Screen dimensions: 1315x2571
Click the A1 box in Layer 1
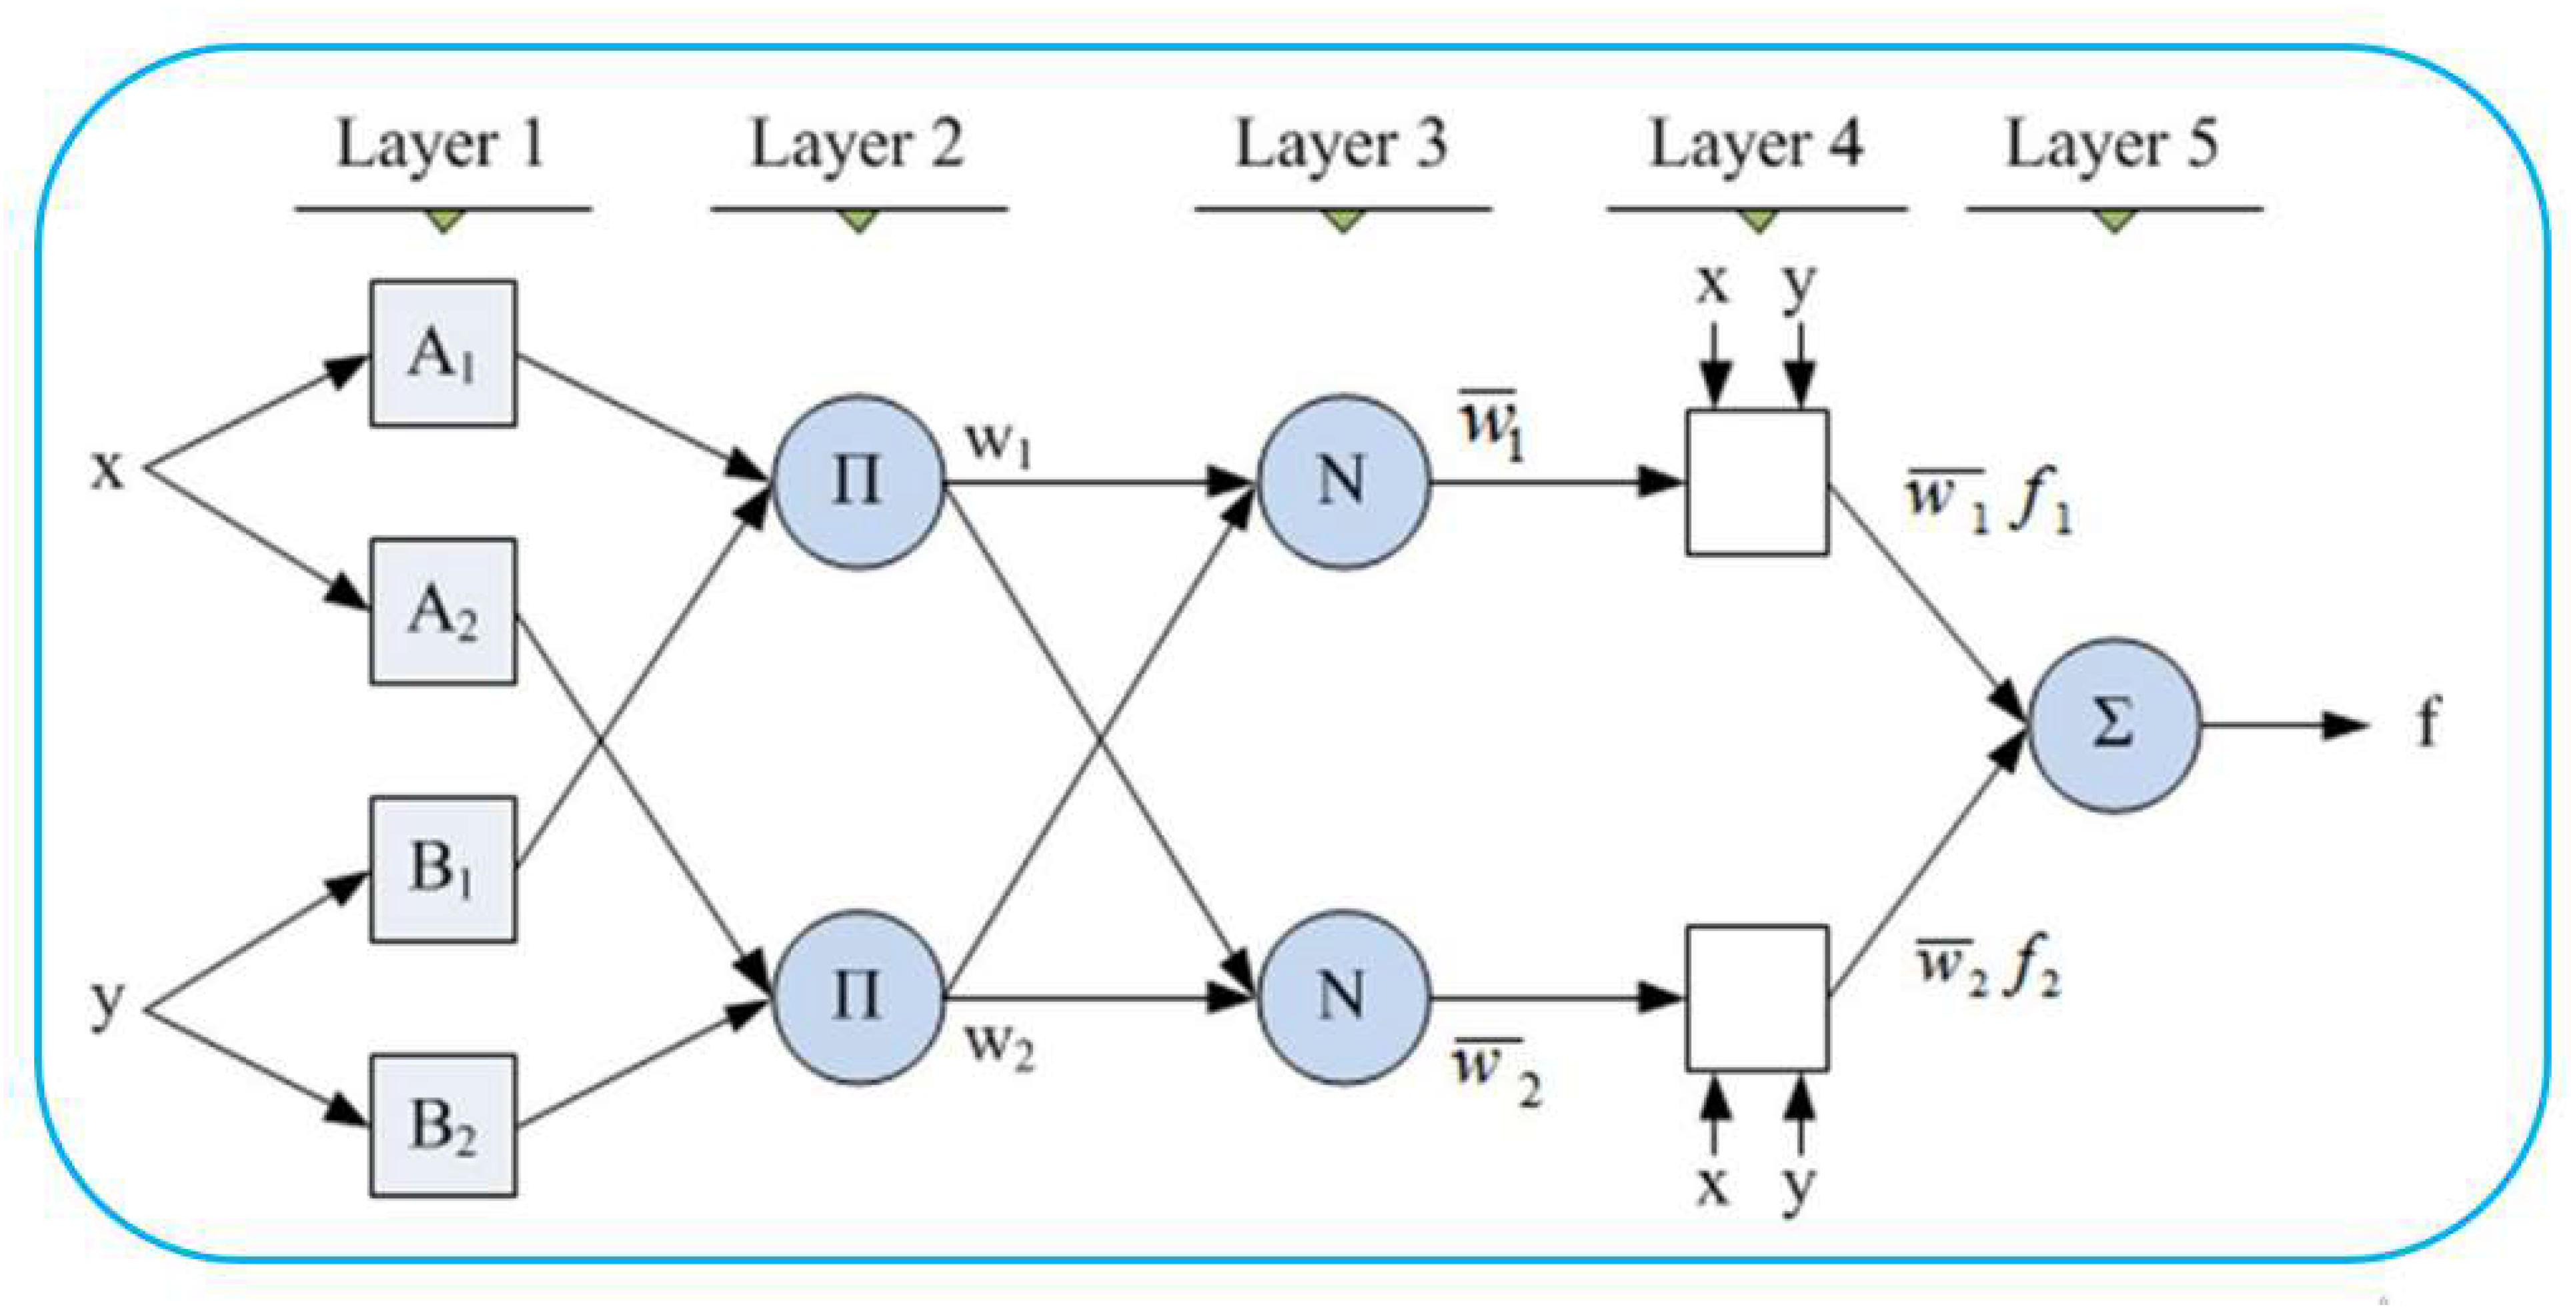(x=442, y=353)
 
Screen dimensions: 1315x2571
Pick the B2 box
(x=442, y=1126)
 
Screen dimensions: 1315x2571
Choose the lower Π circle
(x=857, y=996)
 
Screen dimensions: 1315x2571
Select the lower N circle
(x=1343, y=996)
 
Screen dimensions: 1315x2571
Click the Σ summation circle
(x=2114, y=725)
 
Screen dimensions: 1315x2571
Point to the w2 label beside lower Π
(x=999, y=1046)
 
